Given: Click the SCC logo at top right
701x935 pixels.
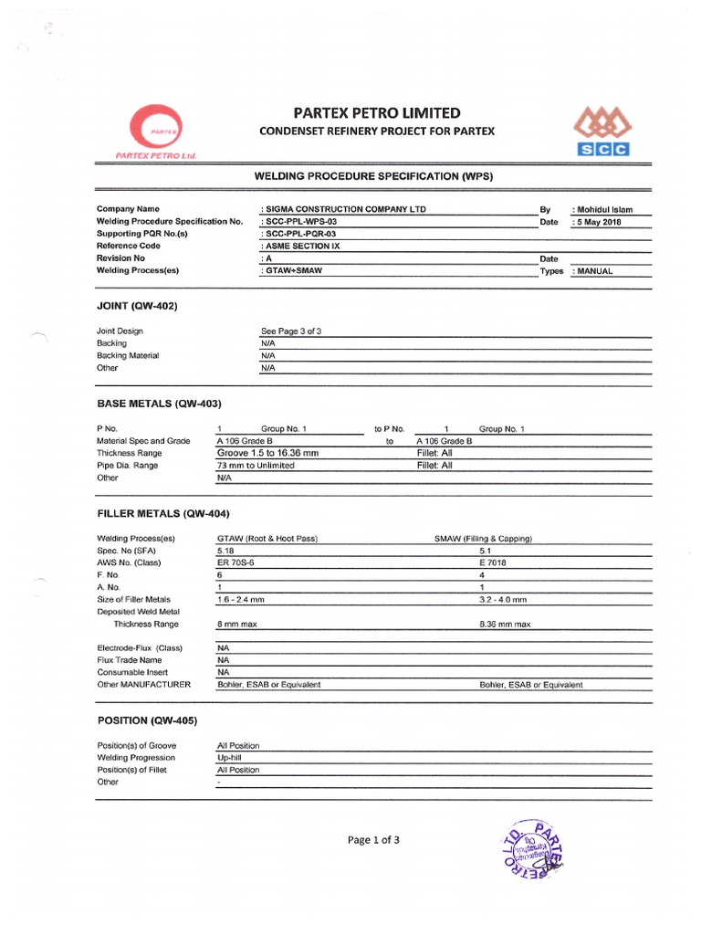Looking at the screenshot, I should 599,131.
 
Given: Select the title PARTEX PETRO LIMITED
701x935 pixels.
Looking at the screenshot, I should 377,113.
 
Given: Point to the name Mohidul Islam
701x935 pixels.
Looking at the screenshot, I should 602,209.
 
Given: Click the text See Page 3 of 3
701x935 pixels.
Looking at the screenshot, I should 291,331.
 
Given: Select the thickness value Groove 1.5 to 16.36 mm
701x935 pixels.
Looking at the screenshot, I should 268,453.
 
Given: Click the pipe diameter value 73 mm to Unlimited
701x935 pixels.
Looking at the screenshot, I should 256,466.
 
